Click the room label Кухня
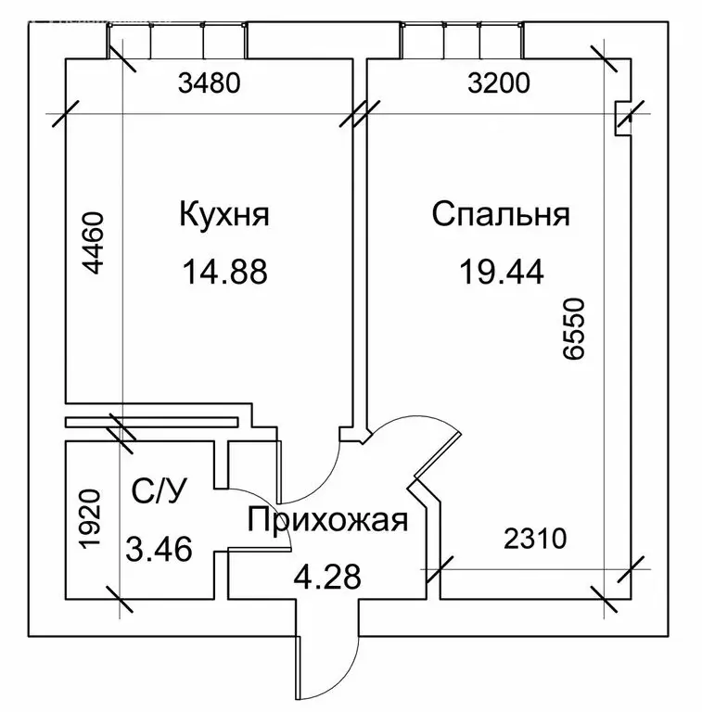(224, 214)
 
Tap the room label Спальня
(501, 214)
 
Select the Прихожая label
(327, 520)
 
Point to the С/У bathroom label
(159, 490)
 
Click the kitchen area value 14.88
(224, 272)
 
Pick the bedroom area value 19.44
(502, 272)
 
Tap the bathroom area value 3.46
(159, 549)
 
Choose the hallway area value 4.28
(327, 577)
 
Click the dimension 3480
(209, 83)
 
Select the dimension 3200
(499, 83)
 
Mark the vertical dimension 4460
(93, 243)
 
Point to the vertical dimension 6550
(573, 329)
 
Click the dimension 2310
(535, 539)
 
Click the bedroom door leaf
(438, 454)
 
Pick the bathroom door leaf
(260, 551)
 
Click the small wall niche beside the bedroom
(623, 118)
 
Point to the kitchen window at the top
(177, 41)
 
